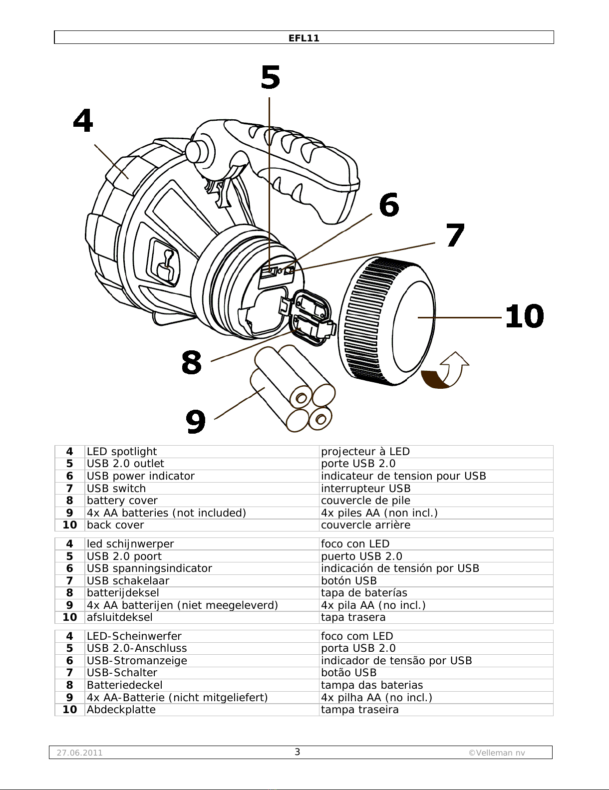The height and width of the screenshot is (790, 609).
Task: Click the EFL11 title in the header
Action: coord(304,38)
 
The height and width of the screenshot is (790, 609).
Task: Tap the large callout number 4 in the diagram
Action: coord(83,121)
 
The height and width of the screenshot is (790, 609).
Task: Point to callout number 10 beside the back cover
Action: coord(524,316)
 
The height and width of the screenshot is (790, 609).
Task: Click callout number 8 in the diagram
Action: coord(192,363)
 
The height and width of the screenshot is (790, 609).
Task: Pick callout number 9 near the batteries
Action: coord(196,421)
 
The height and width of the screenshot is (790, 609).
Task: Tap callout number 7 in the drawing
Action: coord(455,236)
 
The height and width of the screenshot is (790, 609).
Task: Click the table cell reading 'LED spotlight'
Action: coord(122,452)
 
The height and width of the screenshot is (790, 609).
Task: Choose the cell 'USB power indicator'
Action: coord(141,476)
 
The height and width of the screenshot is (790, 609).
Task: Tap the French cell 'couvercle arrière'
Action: coord(365,525)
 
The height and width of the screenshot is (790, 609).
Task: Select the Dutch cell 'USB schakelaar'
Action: coord(128,581)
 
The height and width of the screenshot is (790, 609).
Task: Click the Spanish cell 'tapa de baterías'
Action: coord(364,593)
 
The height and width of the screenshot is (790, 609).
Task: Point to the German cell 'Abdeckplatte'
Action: coord(121,710)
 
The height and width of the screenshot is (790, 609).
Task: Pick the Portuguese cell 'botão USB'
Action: coord(348,673)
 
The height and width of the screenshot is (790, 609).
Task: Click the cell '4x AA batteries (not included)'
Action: coord(166,513)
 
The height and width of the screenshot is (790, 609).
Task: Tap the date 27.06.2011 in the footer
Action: coord(79,753)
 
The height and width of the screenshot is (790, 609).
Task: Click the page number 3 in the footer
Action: coord(297,752)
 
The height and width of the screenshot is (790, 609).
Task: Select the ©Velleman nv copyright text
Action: coord(497,753)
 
